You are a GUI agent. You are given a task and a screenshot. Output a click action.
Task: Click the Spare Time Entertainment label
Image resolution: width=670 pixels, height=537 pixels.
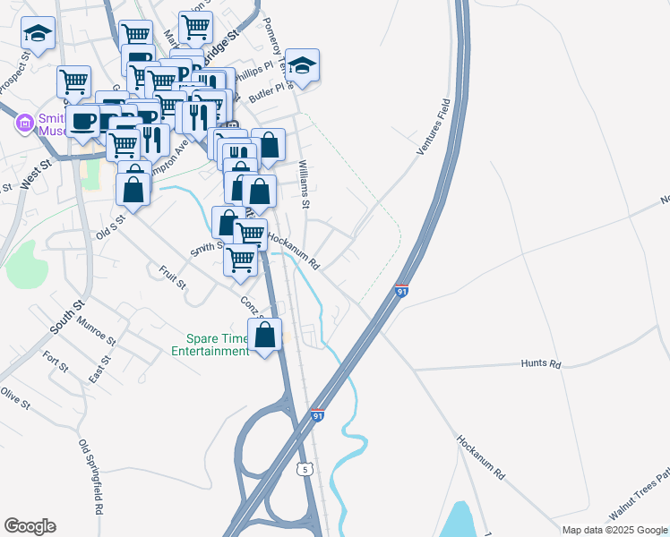click(217, 345)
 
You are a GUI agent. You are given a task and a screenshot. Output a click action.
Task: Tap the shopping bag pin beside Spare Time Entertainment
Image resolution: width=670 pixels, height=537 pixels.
click(266, 337)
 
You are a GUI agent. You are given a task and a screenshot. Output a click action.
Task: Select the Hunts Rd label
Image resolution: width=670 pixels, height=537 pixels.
click(541, 364)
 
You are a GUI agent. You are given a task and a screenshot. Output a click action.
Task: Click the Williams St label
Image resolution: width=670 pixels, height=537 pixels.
click(305, 184)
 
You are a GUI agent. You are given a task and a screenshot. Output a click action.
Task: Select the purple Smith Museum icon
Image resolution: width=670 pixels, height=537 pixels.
click(24, 124)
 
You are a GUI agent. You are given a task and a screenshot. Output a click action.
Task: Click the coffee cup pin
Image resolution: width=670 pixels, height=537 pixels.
click(83, 122)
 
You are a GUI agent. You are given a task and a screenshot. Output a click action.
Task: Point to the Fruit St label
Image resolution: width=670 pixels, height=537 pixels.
click(171, 277)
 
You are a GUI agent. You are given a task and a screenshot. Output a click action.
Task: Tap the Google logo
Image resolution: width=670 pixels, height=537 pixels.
click(30, 525)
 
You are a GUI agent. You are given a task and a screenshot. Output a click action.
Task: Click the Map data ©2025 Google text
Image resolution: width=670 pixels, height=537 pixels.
click(614, 530)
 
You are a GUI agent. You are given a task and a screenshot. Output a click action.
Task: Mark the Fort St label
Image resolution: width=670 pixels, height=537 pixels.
click(56, 362)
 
